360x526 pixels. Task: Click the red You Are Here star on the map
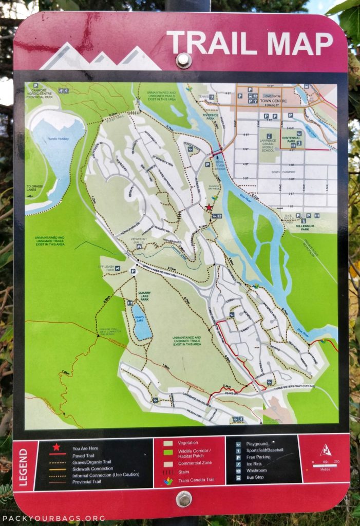[x=209, y=208]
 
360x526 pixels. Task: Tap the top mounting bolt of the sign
[x=183, y=60]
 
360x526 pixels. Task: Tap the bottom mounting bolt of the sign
[x=183, y=498]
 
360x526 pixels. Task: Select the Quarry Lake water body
[x=141, y=322]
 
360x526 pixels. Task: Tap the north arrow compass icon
[x=325, y=450]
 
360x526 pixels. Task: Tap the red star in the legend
[x=56, y=447]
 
